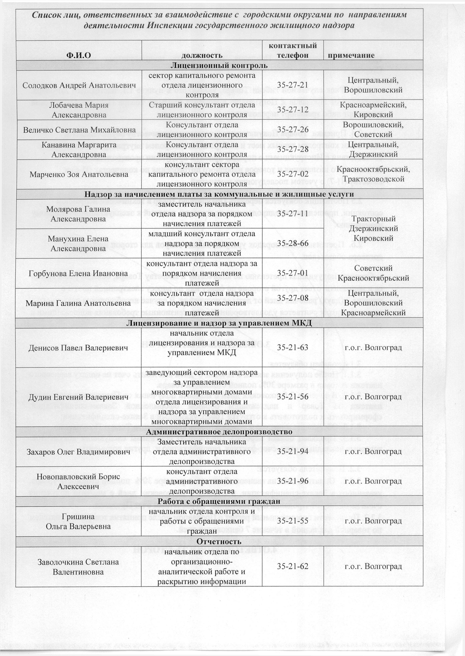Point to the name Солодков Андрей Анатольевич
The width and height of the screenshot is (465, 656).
tap(79, 85)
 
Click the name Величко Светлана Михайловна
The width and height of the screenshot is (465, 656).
tap(79, 130)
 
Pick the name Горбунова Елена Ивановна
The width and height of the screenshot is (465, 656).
tap(78, 273)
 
